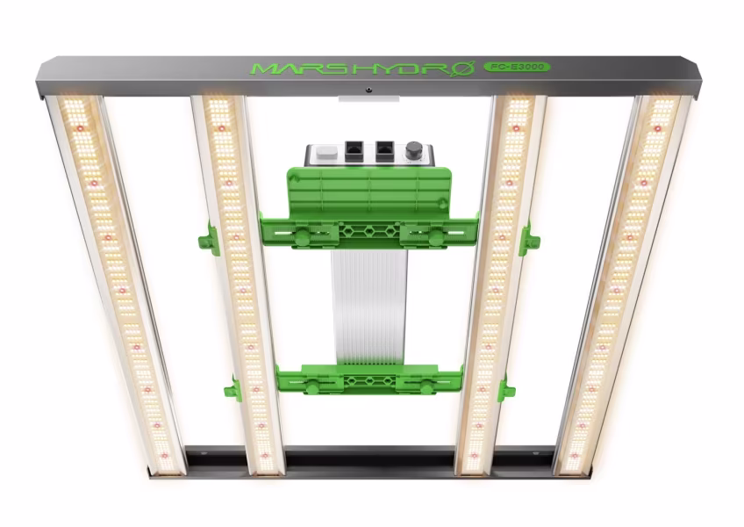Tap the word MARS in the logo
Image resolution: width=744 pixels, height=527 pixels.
290,68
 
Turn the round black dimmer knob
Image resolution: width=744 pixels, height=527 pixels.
413,151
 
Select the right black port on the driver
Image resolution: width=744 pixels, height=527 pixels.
383,151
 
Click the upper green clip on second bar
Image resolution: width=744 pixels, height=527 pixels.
208,239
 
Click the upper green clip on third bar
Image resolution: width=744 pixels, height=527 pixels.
528,239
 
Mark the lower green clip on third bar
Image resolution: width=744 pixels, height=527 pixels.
505,388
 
